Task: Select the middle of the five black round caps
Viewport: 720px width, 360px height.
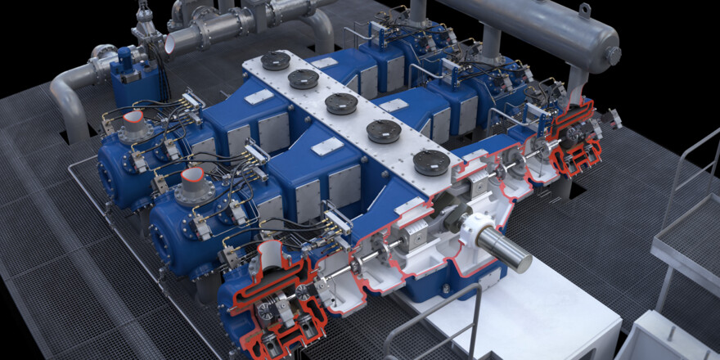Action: click(341, 103)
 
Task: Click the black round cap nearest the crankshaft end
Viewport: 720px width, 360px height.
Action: click(430, 162)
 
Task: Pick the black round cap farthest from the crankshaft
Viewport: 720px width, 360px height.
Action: click(275, 60)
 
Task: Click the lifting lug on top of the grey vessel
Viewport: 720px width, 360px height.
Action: click(584, 10)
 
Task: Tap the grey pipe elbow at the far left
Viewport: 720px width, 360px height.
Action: click(69, 90)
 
